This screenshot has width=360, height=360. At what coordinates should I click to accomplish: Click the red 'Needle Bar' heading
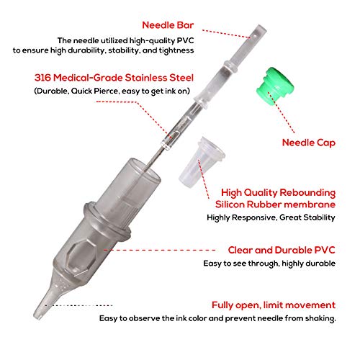pyautogui.click(x=168, y=25)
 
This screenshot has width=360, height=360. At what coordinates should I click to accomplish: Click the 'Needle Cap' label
pyautogui.click(x=309, y=143)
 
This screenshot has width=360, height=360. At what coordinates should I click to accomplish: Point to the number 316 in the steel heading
pyautogui.click(x=42, y=78)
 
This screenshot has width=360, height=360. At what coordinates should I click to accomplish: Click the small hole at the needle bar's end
pyautogui.click(x=255, y=36)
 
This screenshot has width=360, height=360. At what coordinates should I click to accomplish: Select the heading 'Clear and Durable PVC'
pyautogui.click(x=282, y=250)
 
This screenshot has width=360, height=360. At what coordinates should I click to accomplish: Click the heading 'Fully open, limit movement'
pyautogui.click(x=274, y=305)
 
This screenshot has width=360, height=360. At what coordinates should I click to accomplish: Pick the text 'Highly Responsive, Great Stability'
pyautogui.click(x=271, y=217)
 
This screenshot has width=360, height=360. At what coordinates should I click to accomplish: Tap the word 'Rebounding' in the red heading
pyautogui.click(x=307, y=193)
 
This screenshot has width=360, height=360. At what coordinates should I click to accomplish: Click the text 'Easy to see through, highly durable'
pyautogui.click(x=269, y=264)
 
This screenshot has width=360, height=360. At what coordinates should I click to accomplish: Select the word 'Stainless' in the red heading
pyautogui.click(x=146, y=78)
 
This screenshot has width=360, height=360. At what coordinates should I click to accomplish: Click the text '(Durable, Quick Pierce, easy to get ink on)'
pyautogui.click(x=112, y=91)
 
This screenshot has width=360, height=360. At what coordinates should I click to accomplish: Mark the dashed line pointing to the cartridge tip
pyautogui.click(x=78, y=305)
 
